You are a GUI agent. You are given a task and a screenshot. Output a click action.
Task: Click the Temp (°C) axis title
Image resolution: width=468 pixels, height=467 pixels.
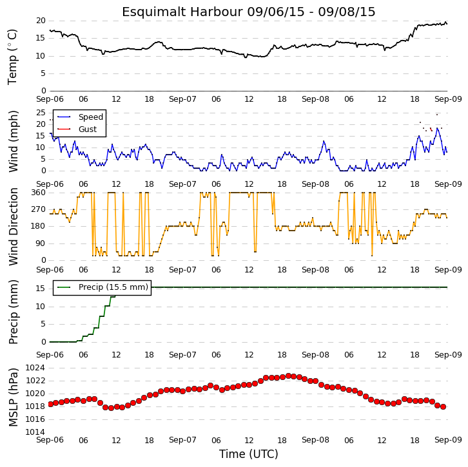[12, 57]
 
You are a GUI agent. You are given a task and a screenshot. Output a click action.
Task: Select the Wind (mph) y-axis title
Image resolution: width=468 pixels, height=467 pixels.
[13, 141]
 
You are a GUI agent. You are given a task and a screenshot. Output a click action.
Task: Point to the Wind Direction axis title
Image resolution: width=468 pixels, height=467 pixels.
[13, 227]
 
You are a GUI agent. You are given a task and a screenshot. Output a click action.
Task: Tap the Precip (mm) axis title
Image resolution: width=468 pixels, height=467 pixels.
[13, 312]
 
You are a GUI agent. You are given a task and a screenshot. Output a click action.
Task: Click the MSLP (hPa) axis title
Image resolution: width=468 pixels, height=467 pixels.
[13, 397]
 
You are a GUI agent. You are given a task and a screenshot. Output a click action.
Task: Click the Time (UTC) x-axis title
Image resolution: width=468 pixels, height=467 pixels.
[249, 454]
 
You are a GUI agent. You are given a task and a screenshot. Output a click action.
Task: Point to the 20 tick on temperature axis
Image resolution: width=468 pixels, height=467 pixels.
[41, 21]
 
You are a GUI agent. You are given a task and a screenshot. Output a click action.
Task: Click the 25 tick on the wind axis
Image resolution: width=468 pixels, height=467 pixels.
[41, 113]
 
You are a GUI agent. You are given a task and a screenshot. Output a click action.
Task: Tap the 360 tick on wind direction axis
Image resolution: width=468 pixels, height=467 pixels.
[39, 193]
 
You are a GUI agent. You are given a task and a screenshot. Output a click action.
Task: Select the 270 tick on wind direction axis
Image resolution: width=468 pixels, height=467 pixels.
[39, 209]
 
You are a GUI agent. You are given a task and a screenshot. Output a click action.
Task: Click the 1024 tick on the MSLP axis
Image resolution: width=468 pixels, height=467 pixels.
[35, 368]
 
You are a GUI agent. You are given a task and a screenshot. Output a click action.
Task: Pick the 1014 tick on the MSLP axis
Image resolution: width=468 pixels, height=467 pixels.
[35, 432]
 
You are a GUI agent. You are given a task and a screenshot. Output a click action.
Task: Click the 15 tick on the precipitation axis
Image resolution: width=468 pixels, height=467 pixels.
[41, 289]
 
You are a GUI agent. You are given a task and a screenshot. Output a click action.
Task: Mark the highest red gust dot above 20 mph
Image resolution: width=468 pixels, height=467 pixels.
[437, 115]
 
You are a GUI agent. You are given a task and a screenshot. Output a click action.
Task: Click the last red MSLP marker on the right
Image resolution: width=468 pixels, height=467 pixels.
[444, 406]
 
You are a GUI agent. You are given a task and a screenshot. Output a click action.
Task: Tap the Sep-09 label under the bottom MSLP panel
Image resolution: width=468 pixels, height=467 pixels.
[448, 440]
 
